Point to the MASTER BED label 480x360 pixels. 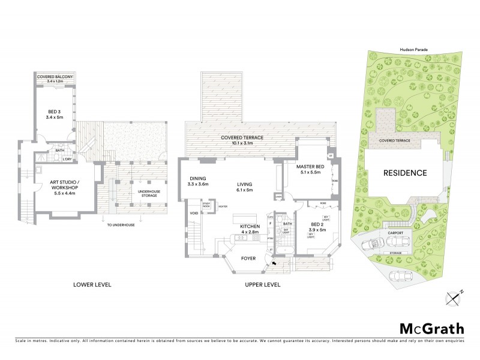tap(310, 169)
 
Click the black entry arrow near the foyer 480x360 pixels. tap(274, 262)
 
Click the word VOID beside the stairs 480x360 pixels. tap(194, 213)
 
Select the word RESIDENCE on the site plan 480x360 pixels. tap(406, 173)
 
